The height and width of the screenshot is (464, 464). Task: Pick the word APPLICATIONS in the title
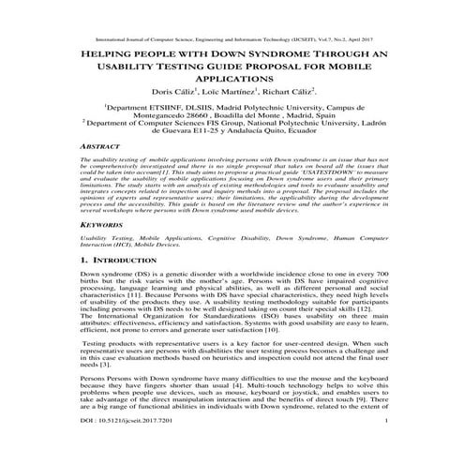[231, 80]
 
